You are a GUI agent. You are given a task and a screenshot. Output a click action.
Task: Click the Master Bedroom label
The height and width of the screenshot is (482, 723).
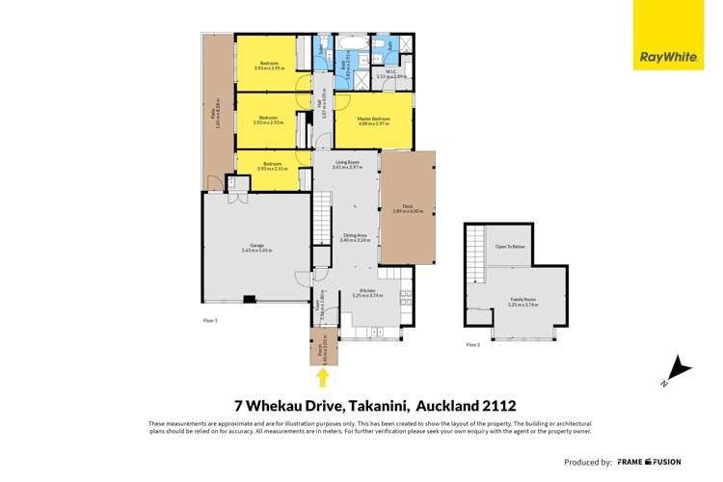click(373, 120)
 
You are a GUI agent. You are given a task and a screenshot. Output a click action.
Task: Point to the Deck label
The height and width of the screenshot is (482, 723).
click(408, 208)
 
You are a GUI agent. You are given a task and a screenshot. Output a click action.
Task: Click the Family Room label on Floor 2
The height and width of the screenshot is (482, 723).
click(523, 301)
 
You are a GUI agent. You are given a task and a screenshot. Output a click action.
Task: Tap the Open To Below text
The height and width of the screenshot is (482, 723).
click(509, 247)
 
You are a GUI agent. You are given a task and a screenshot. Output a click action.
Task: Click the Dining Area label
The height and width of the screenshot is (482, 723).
click(356, 237)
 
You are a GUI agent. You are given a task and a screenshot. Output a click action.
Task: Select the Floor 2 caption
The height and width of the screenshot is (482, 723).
click(472, 344)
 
